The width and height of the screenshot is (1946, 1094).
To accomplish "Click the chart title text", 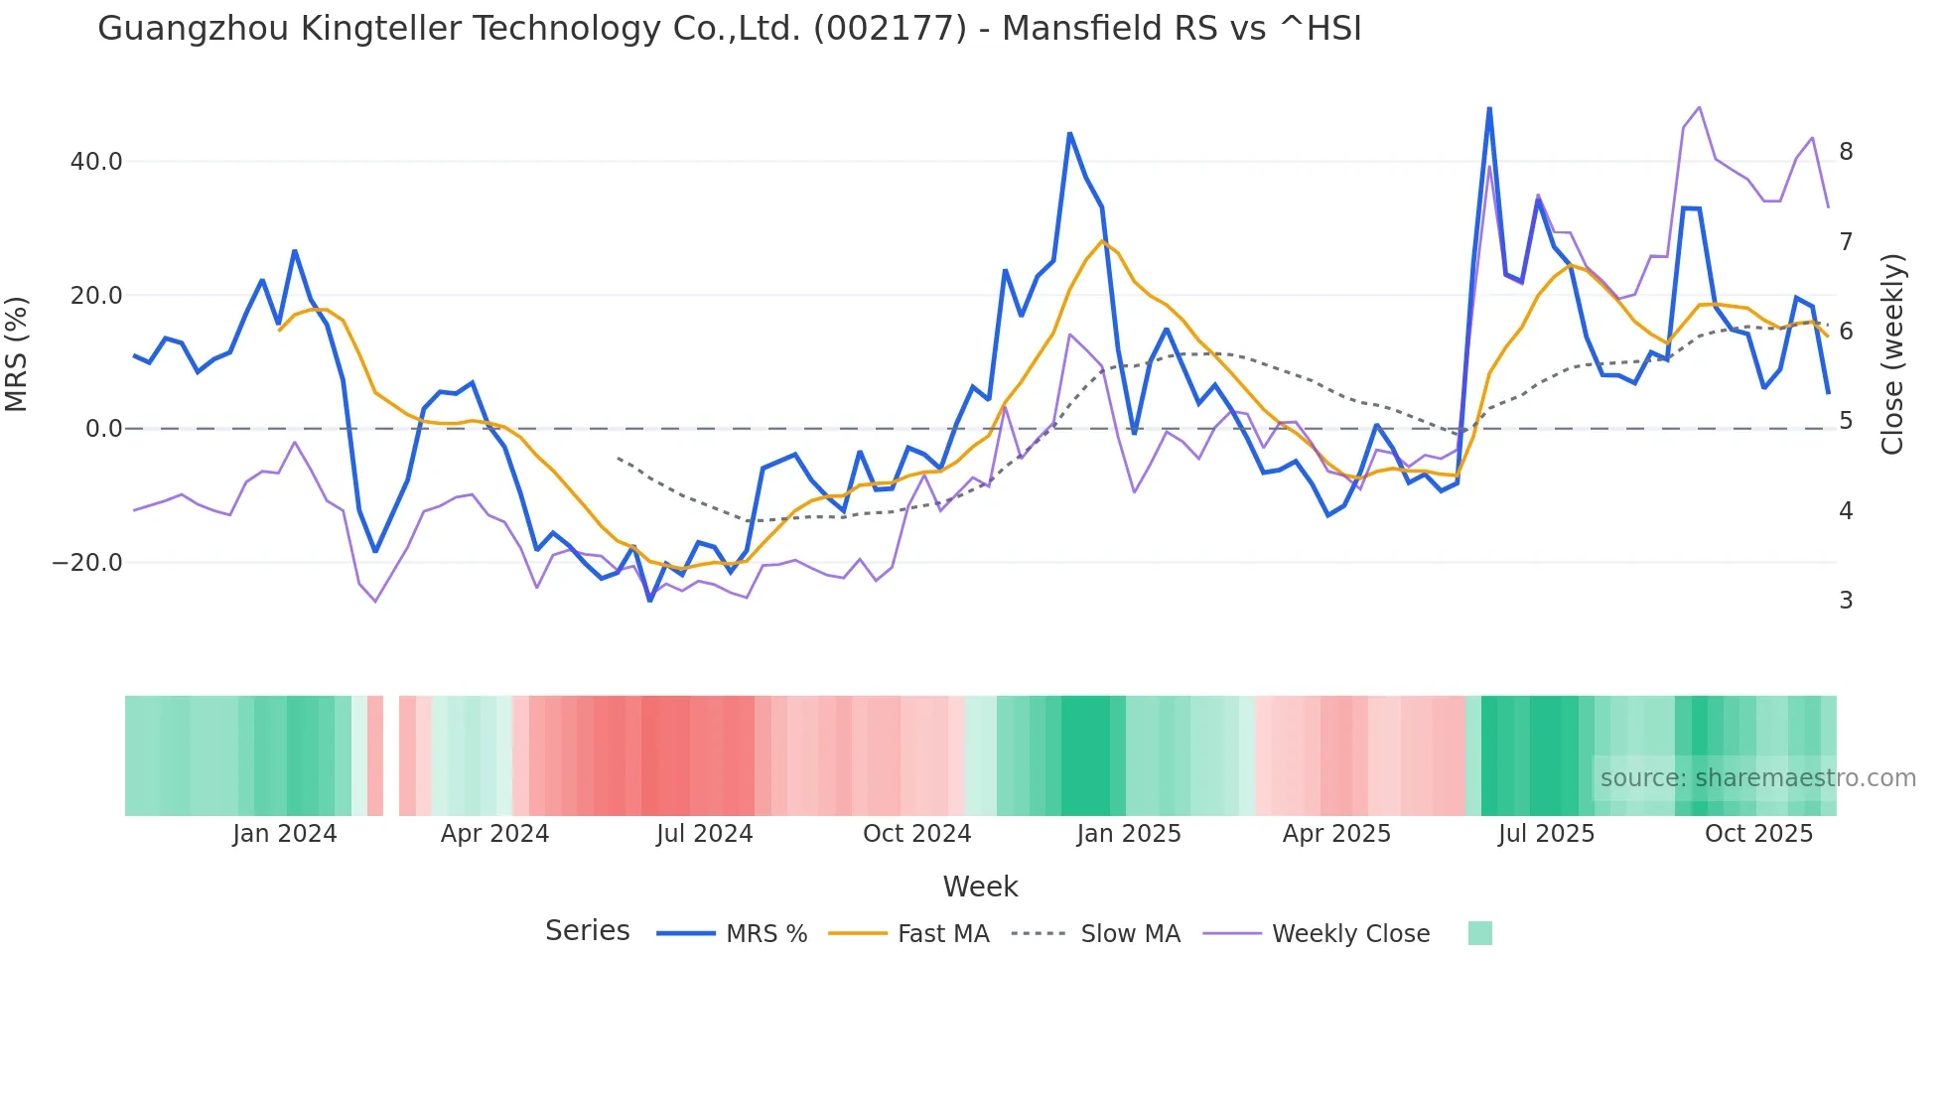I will click(x=729, y=29).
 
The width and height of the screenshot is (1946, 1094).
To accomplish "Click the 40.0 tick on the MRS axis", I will click(x=96, y=162).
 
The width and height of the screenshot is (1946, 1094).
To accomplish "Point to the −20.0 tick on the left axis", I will click(x=87, y=563).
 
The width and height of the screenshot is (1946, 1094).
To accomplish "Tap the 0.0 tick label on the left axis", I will click(x=103, y=429).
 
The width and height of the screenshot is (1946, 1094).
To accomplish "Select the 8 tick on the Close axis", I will click(x=1846, y=152).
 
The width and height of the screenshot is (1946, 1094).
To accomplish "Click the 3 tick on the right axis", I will click(x=1846, y=601).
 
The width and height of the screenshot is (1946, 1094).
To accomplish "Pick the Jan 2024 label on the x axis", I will click(x=285, y=834).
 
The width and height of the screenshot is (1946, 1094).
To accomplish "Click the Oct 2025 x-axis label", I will click(x=1758, y=834).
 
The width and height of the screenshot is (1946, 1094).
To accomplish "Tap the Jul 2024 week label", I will click(x=704, y=834).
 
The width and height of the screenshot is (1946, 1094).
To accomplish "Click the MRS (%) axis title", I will click(x=17, y=353).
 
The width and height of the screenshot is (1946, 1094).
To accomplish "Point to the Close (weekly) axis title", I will click(x=1892, y=353).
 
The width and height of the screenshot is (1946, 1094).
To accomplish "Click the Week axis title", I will click(x=980, y=887).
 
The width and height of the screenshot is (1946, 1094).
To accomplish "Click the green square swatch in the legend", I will click(x=1479, y=933).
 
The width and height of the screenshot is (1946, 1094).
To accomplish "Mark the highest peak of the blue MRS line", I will click(x=1489, y=108).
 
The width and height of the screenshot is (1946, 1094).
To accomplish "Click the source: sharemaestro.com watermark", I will click(x=1757, y=778).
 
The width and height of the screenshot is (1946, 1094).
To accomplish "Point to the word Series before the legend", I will click(x=587, y=931).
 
